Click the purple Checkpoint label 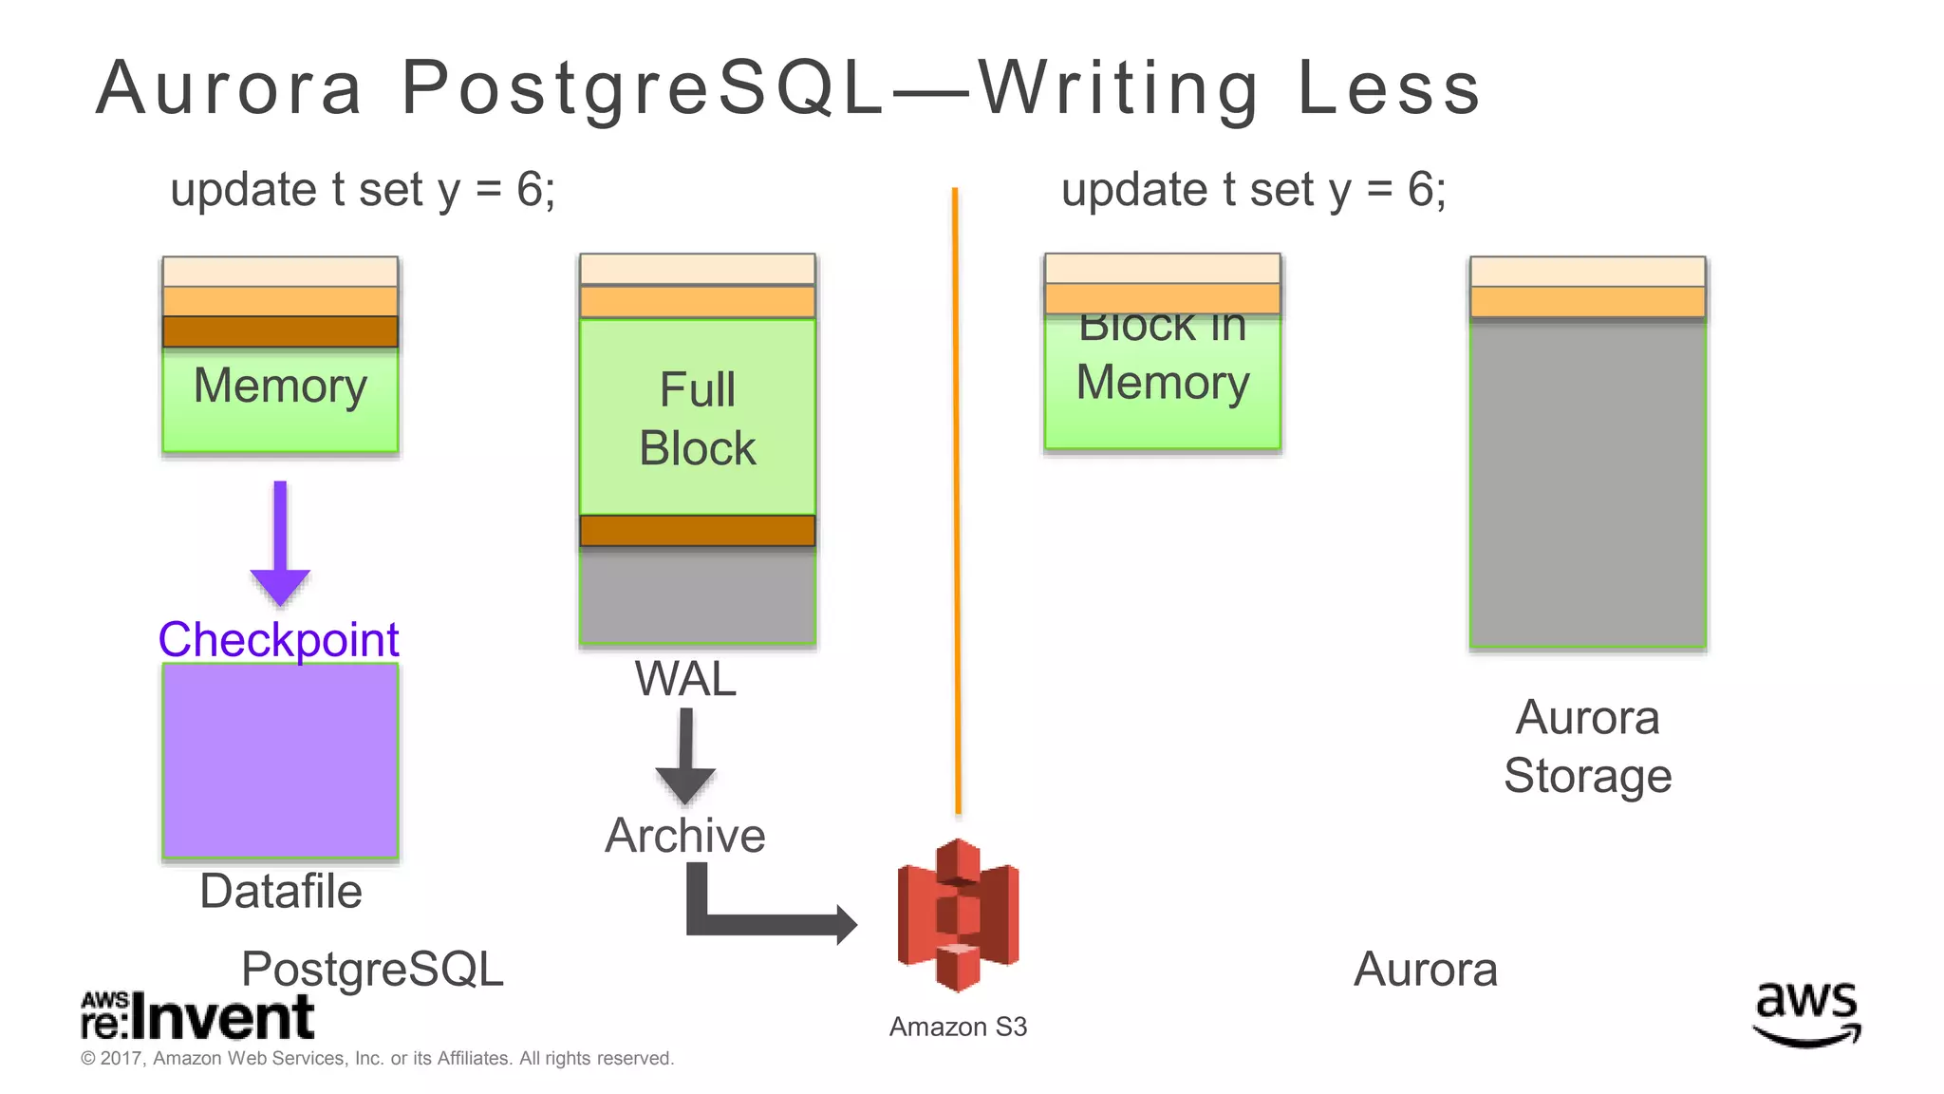point(278,639)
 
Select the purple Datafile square point(280,761)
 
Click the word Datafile point(281,891)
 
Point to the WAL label point(685,679)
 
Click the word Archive point(685,836)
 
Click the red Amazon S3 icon point(958,915)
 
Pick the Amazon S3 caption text point(958,1027)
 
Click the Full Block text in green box point(698,419)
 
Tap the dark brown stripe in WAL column point(698,530)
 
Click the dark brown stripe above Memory point(280,331)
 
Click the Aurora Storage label point(1587,746)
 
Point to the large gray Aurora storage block point(1587,484)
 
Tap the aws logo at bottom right point(1806,1013)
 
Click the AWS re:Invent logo point(196,1016)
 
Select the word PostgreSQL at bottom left point(372,970)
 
